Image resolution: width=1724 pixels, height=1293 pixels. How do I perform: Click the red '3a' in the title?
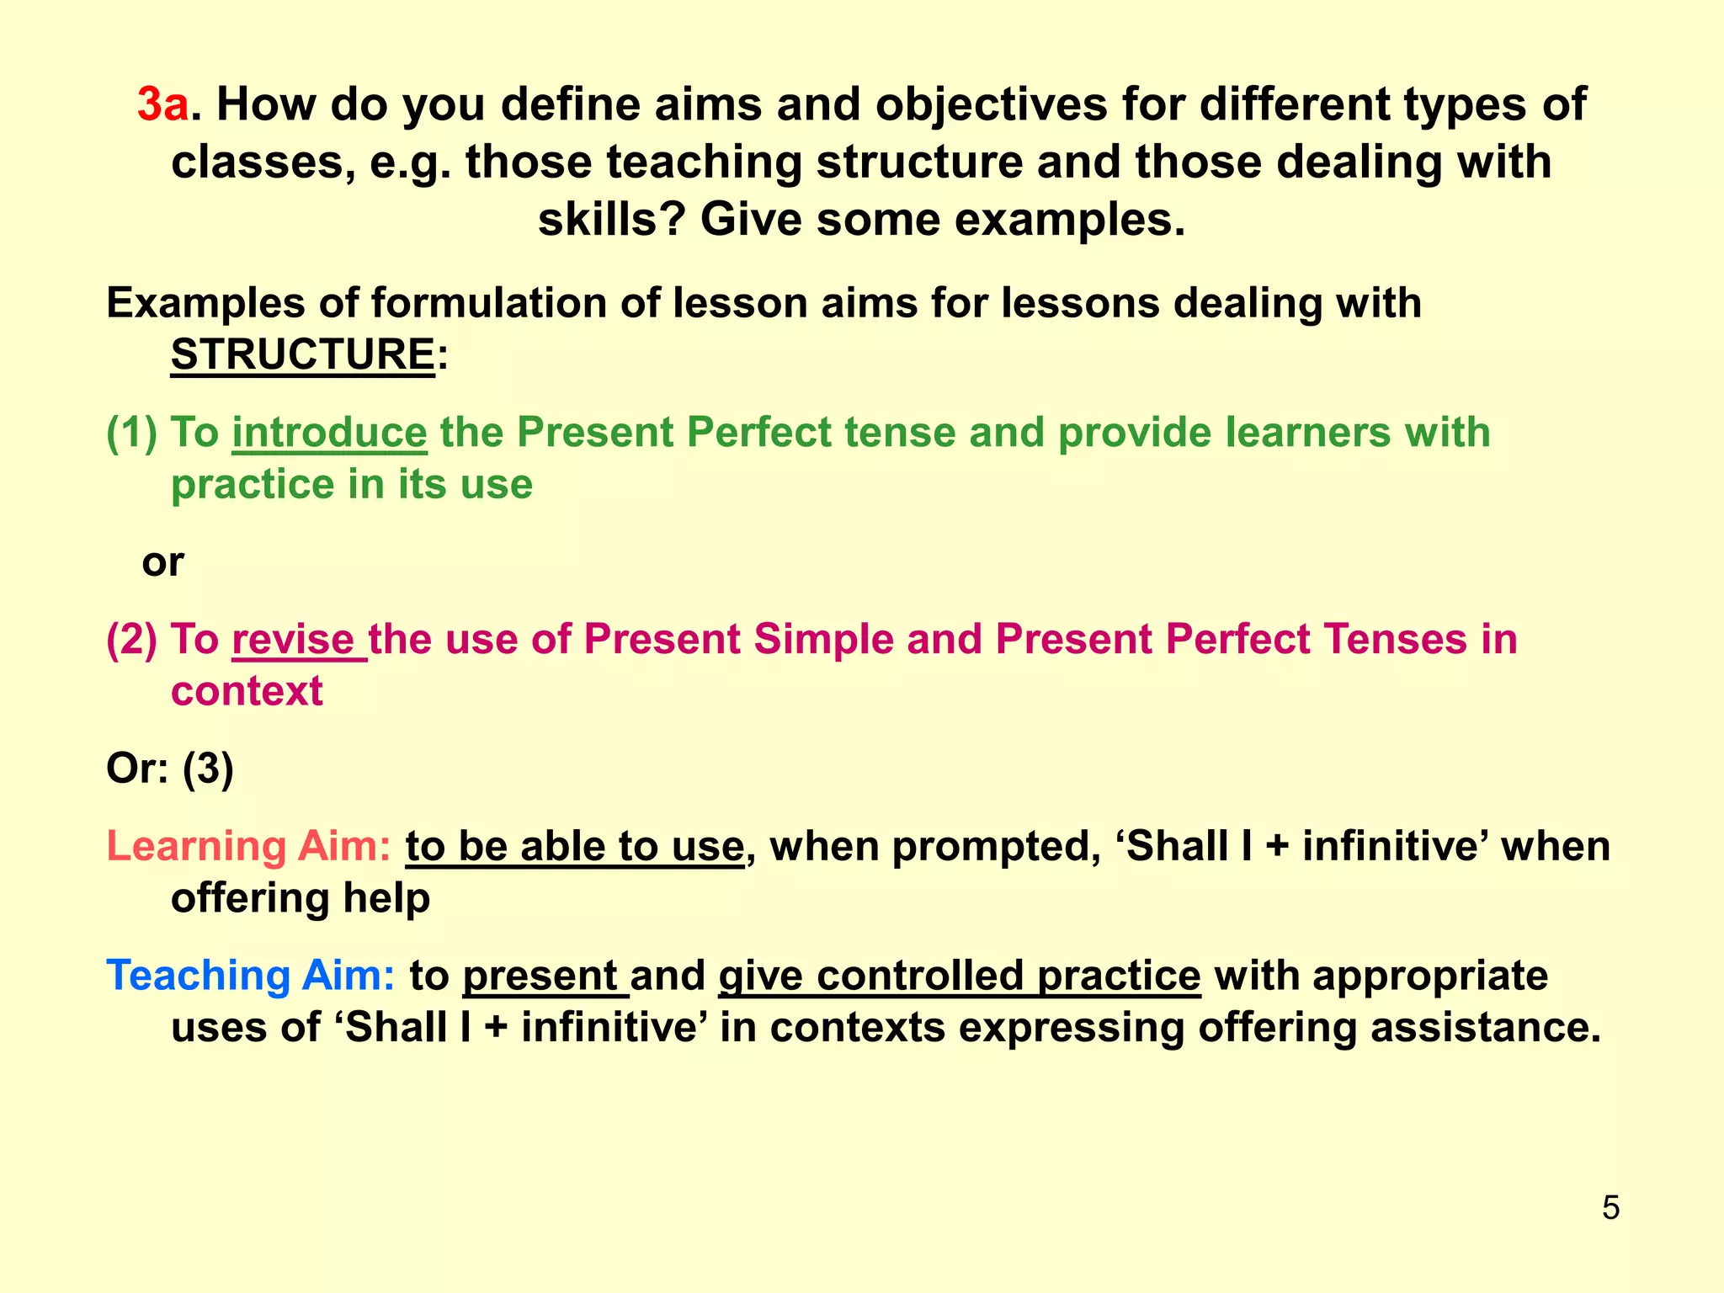pyautogui.click(x=163, y=105)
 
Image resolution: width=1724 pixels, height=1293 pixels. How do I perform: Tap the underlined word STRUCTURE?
pyautogui.click(x=302, y=354)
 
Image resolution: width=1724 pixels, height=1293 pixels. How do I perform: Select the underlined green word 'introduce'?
pyautogui.click(x=329, y=433)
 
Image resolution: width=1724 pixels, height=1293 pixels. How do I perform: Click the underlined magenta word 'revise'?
pyautogui.click(x=294, y=639)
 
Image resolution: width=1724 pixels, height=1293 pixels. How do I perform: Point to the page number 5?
pyautogui.click(x=1610, y=1208)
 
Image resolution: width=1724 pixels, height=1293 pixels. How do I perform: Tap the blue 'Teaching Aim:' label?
pyautogui.click(x=251, y=976)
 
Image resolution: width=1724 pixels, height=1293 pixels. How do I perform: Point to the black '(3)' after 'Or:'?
pyautogui.click(x=208, y=768)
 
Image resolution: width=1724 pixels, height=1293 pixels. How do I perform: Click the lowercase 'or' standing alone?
pyautogui.click(x=162, y=561)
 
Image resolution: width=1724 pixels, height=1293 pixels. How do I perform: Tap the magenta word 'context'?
pyautogui.click(x=247, y=691)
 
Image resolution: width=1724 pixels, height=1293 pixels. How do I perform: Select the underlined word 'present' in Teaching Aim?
pyautogui.click(x=540, y=976)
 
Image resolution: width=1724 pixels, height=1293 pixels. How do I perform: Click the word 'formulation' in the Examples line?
pyautogui.click(x=489, y=303)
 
